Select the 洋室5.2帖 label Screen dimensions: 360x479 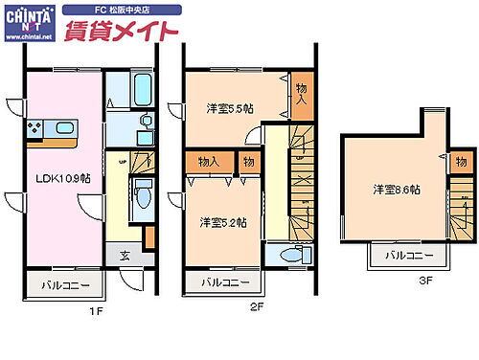point(223,222)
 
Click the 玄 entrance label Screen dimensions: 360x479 point(125,255)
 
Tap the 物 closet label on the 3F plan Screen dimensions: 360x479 point(461,160)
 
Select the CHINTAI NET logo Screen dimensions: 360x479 point(29,20)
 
